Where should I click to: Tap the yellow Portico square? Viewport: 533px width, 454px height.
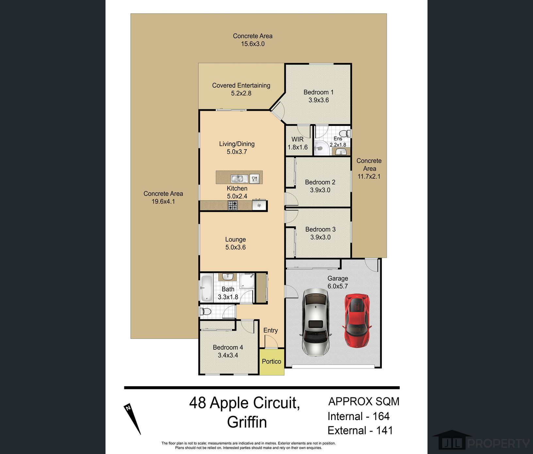272,362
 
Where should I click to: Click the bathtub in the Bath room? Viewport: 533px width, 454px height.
206,288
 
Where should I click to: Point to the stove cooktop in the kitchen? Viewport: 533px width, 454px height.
233,205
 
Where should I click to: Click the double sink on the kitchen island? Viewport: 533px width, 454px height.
239,178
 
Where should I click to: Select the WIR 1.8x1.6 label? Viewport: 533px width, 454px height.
298,143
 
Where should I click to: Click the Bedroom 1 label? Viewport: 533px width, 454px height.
318,96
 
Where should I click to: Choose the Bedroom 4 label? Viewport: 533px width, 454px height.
228,351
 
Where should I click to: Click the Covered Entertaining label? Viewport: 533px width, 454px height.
241,89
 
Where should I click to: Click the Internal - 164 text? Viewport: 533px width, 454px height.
359,416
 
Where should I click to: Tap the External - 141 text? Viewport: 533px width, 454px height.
360,431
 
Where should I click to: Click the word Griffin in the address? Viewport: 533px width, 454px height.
247,422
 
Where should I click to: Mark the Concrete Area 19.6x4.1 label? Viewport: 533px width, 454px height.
163,197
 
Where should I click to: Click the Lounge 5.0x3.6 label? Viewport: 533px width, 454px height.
235,243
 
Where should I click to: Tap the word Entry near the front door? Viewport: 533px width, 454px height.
270,330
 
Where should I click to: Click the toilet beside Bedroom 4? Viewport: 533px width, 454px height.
206,311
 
